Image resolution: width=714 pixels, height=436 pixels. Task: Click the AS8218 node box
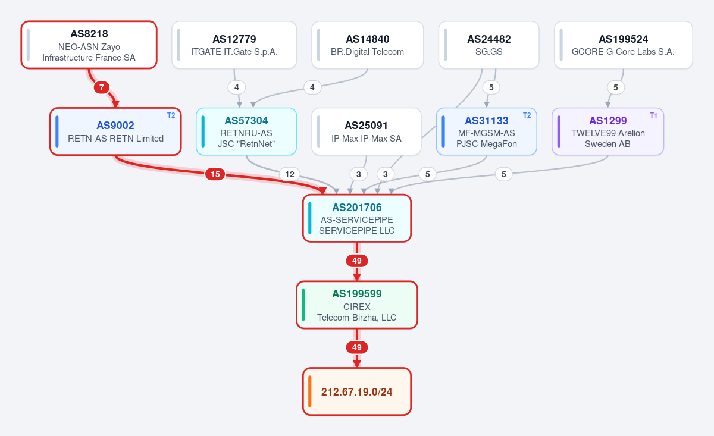(x=89, y=45)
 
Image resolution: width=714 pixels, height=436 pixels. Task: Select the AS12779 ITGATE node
(x=234, y=45)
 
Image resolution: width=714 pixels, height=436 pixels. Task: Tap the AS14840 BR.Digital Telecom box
(x=368, y=45)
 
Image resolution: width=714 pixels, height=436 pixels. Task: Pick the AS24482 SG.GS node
(x=488, y=45)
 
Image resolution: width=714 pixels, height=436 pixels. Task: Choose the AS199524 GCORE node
(x=623, y=45)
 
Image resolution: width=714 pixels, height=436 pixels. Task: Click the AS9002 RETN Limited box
(x=115, y=131)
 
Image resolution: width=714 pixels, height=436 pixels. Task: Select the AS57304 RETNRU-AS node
(x=246, y=131)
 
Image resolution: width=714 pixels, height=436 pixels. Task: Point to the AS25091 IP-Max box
(x=367, y=131)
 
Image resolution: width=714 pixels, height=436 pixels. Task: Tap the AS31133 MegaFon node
(x=487, y=131)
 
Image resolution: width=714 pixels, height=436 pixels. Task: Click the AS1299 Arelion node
(x=608, y=131)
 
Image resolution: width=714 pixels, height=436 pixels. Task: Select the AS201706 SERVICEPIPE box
(x=357, y=218)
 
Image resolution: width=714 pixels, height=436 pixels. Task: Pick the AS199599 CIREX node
(x=357, y=305)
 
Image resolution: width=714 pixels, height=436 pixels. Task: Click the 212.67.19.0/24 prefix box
(x=357, y=392)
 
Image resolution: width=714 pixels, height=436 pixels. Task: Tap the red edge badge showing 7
(x=102, y=87)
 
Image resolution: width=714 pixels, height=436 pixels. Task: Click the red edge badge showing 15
(x=215, y=174)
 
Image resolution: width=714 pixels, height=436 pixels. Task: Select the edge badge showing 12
(x=289, y=174)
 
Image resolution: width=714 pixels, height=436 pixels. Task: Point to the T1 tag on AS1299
(x=653, y=115)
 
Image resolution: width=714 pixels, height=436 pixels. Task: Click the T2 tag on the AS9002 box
(x=171, y=115)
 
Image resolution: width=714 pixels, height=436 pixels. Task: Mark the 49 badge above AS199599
(x=357, y=261)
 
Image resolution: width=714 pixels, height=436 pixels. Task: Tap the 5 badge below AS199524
(x=615, y=87)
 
